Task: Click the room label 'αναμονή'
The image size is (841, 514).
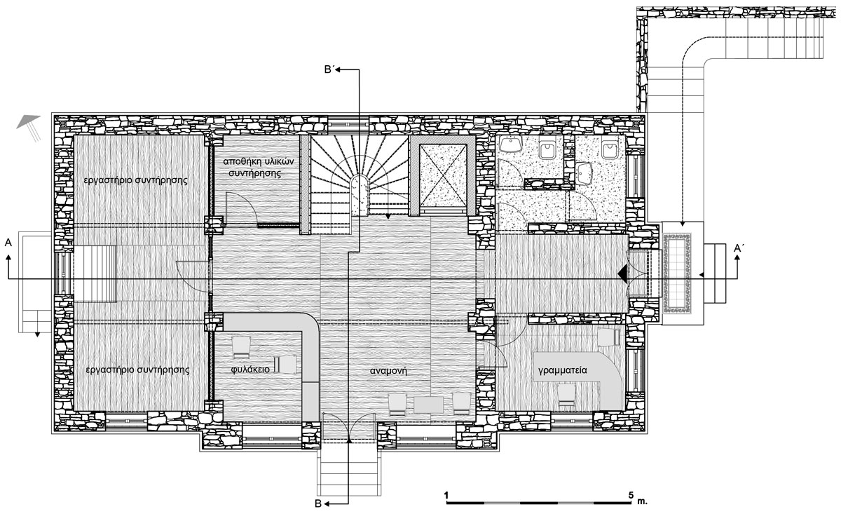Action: tap(388, 371)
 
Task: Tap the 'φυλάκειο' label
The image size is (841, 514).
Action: tap(250, 370)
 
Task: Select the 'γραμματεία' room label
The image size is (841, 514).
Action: tap(562, 370)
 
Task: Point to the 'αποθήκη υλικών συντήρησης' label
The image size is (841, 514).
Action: tap(259, 168)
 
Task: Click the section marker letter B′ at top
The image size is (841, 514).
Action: tap(329, 70)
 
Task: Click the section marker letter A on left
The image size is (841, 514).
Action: tap(8, 243)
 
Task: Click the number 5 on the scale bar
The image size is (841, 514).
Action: tap(630, 494)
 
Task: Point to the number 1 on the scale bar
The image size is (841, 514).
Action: tap(446, 494)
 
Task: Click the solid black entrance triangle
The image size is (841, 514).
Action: tap(623, 273)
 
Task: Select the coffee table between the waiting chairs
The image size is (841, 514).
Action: tap(428, 405)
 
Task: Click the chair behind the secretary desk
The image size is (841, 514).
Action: tap(567, 395)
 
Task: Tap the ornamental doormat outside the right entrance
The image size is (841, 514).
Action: tap(676, 273)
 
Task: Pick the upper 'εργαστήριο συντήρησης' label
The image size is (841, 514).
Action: tap(135, 180)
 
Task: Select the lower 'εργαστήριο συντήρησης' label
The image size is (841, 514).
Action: tap(137, 370)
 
